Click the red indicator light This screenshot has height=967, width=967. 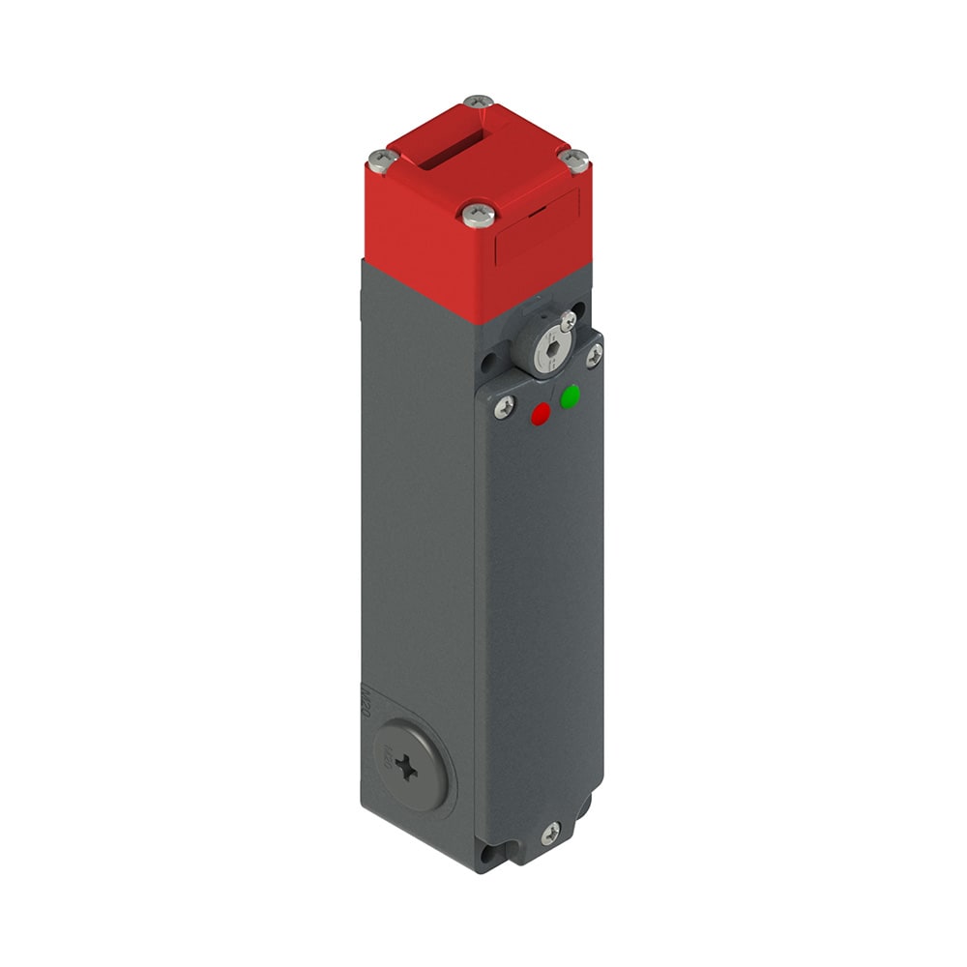(541, 414)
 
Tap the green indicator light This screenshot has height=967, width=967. (571, 396)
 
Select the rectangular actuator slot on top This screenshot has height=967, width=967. (455, 152)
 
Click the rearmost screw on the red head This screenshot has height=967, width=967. (478, 103)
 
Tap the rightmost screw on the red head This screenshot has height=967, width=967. (575, 161)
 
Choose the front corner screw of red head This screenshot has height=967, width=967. (478, 215)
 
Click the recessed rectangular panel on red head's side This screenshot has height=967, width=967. (538, 226)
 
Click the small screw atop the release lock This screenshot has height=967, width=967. (569, 320)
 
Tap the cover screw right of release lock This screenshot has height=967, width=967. (594, 356)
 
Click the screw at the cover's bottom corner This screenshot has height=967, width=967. (550, 832)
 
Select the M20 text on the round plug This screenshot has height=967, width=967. (385, 760)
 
